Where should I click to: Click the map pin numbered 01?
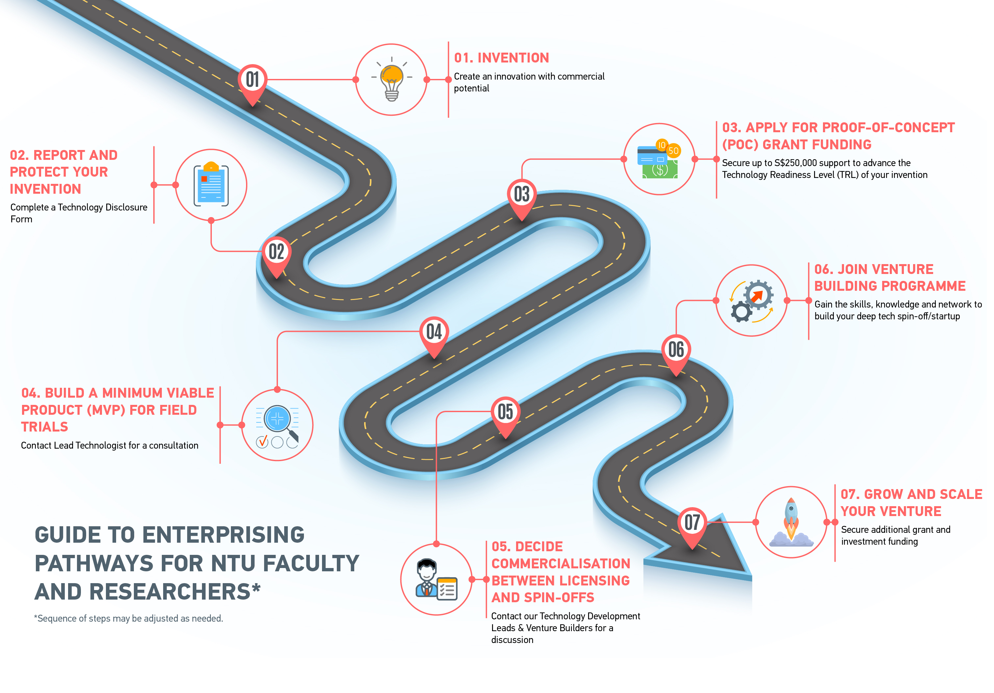[252, 81]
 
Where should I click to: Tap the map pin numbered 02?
[276, 253]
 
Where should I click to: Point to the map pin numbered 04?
[434, 333]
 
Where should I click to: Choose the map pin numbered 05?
[505, 412]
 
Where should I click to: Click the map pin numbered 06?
[676, 350]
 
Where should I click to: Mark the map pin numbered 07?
[692, 523]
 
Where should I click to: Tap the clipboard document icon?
[211, 185]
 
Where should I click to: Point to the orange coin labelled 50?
[673, 151]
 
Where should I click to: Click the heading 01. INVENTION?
[501, 58]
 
